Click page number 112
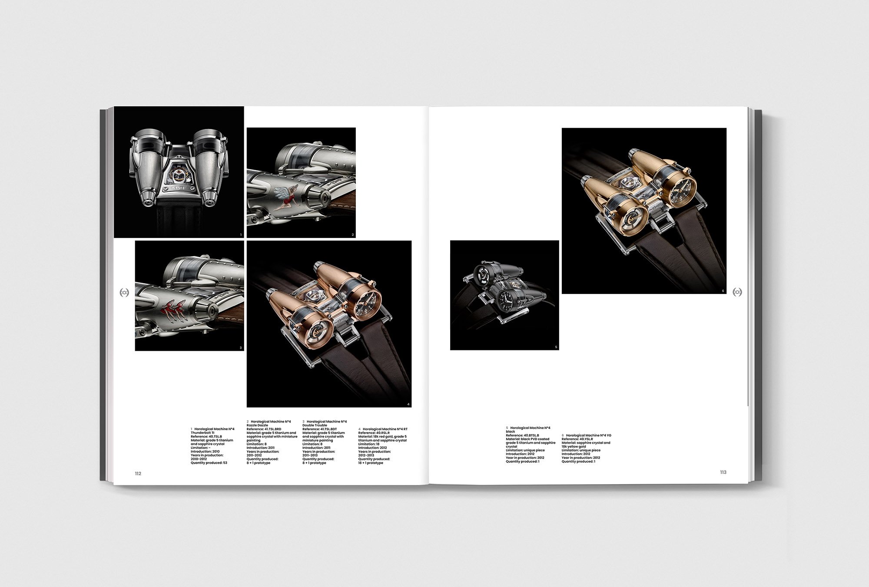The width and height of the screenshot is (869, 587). point(138,473)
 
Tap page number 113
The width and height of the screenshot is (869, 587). point(723,472)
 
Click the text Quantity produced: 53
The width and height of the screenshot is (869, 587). point(209,463)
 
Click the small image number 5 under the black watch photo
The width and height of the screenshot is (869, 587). point(556,347)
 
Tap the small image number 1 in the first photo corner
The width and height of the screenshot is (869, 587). point(241,235)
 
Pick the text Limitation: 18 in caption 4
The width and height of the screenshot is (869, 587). point(369,444)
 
